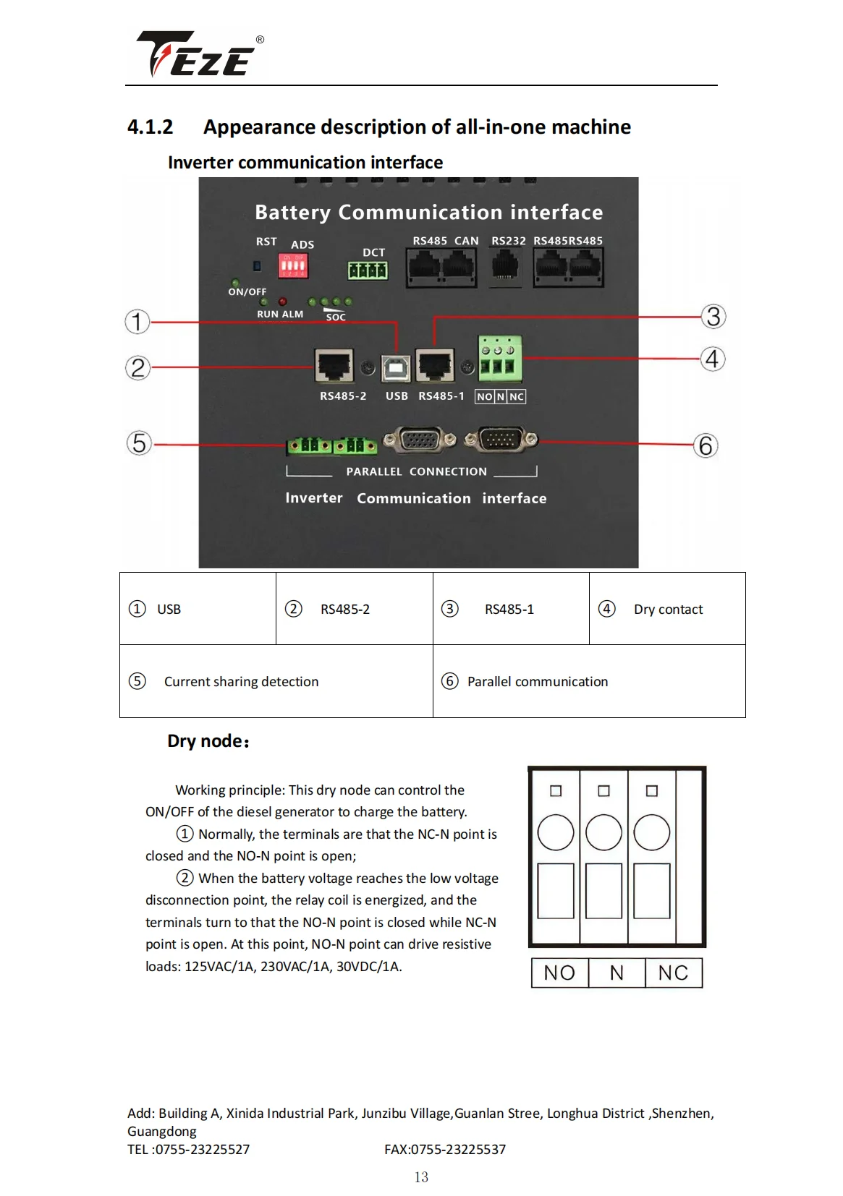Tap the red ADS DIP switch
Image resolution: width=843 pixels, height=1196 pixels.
point(293,266)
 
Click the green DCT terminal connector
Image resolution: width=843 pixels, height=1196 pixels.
point(368,270)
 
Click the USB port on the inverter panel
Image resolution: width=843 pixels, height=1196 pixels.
point(395,368)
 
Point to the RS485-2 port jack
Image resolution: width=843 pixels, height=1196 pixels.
point(334,365)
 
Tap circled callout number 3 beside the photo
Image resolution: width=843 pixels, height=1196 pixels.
point(713,317)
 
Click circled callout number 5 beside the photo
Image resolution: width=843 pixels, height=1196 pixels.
point(139,443)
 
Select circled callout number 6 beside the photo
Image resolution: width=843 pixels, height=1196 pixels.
point(706,445)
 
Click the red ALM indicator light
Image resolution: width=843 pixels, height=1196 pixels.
point(283,302)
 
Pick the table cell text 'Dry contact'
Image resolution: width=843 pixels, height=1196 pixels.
point(668,610)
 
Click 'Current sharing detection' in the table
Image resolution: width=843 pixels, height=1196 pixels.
point(241,682)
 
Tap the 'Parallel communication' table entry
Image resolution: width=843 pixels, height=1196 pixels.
point(537,682)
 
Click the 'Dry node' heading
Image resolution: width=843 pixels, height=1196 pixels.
point(208,741)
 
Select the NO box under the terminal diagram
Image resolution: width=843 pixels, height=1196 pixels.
point(559,973)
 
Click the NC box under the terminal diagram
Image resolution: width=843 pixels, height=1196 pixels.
point(673,973)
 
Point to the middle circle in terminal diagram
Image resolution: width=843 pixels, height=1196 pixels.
point(603,832)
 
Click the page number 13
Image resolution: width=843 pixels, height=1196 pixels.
point(421,1177)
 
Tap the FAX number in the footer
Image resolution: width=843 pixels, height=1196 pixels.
point(445,1150)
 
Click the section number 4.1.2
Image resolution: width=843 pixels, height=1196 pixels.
point(151,127)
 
